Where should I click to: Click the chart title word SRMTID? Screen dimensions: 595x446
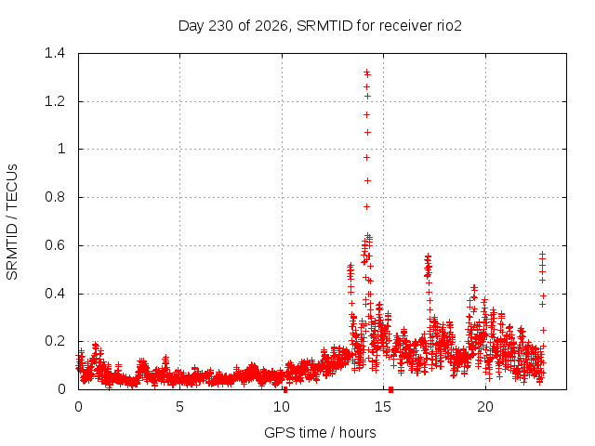click(324, 26)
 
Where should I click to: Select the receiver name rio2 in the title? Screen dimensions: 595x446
click(448, 26)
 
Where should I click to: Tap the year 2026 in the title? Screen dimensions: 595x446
click(271, 26)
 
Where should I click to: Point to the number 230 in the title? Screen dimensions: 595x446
click(221, 26)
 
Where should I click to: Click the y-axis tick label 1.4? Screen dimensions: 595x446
click(55, 53)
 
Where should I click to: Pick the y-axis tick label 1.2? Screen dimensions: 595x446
click(55, 101)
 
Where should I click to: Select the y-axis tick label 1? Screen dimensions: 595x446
click(61, 149)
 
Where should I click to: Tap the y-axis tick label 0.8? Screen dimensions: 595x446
click(55, 197)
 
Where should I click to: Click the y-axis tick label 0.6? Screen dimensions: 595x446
click(55, 245)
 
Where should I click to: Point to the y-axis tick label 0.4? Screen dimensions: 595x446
click(55, 294)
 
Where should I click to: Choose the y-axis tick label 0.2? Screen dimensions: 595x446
click(55, 341)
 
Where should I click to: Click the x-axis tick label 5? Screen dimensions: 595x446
click(179, 407)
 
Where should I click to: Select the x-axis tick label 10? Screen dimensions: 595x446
click(282, 407)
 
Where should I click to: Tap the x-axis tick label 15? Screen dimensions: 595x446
click(383, 407)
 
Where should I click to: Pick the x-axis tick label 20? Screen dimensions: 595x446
click(485, 407)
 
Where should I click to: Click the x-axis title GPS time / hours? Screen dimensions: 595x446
click(320, 432)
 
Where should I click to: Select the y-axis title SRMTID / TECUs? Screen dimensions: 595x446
click(12, 222)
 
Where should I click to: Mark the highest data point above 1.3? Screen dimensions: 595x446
click(366, 72)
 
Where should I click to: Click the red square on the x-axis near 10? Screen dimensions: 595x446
click(285, 390)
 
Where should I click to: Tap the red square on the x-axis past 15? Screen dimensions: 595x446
click(390, 390)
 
